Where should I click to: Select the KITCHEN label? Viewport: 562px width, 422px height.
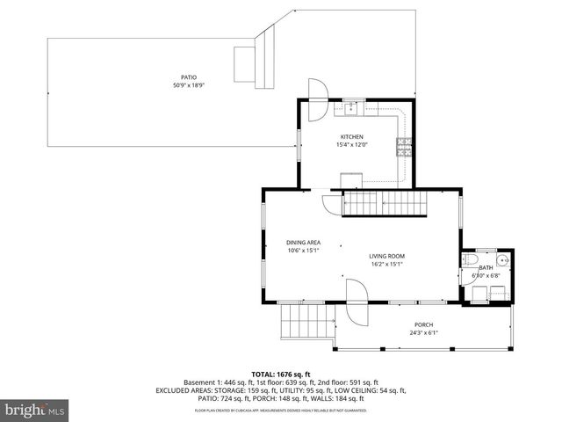352,137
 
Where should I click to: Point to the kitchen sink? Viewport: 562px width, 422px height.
350,107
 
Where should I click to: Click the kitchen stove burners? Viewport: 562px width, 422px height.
404,148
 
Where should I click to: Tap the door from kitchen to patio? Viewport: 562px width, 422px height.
316,91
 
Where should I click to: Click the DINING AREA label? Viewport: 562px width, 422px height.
303,242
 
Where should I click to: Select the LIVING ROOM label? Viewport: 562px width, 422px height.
386,256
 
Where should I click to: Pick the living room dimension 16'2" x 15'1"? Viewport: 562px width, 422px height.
386,264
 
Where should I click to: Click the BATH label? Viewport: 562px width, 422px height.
486,267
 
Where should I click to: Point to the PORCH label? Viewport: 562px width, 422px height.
424,325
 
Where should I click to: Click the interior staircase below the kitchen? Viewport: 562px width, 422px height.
382,204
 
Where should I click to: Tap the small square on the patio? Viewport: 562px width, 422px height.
243,62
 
